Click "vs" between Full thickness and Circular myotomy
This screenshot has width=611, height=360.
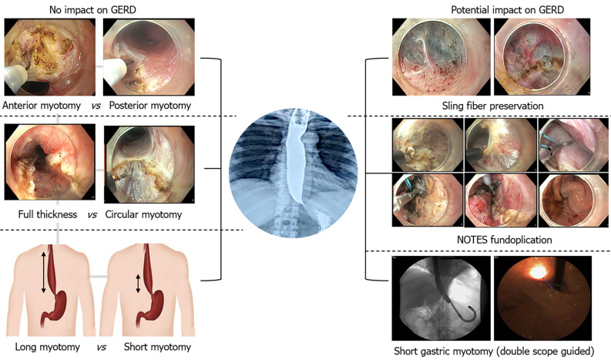tap(92, 214)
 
